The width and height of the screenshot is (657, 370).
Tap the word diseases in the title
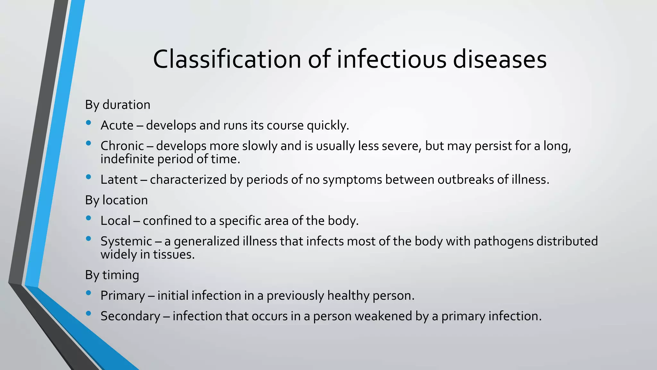[x=499, y=59]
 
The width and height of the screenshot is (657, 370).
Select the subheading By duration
[x=117, y=105]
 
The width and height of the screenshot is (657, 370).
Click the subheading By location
[x=116, y=200]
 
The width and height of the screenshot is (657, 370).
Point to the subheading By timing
[x=112, y=275]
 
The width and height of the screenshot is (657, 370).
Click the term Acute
[x=117, y=125]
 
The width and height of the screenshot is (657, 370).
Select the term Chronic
[x=122, y=146]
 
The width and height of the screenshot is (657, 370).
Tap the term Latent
[x=119, y=180]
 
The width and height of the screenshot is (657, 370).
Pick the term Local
[x=115, y=221]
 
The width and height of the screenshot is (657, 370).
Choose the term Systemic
[x=126, y=241]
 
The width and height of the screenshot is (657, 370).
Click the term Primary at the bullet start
[x=123, y=295]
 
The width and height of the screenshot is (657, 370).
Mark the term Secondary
[x=130, y=316]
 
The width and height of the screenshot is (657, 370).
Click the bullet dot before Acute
[x=89, y=122]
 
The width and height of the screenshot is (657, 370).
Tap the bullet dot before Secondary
[x=89, y=313]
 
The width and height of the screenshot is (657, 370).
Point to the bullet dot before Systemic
[x=89, y=238]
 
